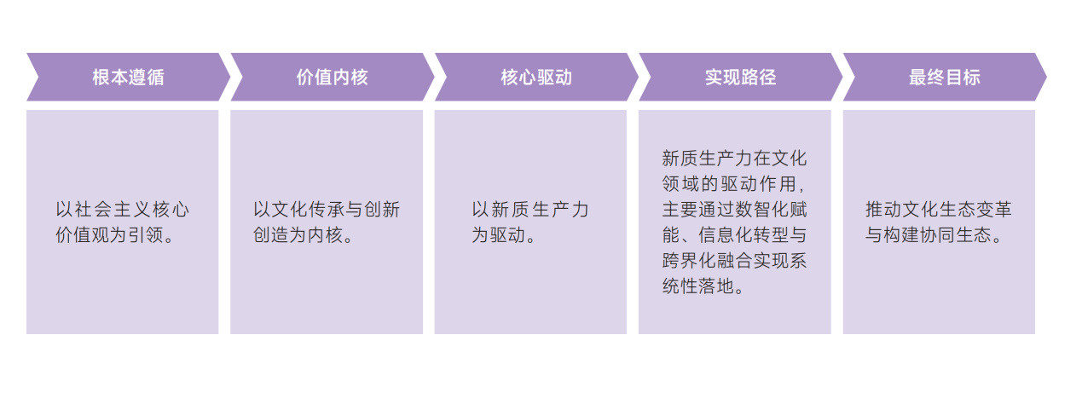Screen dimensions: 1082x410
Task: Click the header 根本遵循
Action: tap(128, 78)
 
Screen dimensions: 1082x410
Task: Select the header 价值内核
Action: tap(332, 78)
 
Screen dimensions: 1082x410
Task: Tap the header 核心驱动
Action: tap(536, 78)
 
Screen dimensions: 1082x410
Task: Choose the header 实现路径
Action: tap(740, 78)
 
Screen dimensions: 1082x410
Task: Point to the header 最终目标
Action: tap(944, 78)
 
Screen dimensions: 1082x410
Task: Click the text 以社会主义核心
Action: tap(122, 210)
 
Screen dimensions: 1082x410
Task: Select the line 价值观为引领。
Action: tap(116, 235)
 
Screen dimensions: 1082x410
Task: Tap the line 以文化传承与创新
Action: tap(327, 210)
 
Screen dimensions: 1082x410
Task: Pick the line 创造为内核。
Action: tap(303, 235)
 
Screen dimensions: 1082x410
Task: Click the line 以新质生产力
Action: tap(530, 210)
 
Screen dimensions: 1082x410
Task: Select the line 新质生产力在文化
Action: tap(734, 159)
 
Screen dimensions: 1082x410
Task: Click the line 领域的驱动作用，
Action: tap(734, 184)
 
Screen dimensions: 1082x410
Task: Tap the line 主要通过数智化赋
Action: tap(734, 210)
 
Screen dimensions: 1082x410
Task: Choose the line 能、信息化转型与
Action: tap(734, 235)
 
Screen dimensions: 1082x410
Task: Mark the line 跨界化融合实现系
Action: tap(734, 261)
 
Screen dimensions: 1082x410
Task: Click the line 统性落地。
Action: tap(704, 286)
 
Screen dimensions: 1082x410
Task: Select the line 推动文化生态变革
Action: tap(938, 210)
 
